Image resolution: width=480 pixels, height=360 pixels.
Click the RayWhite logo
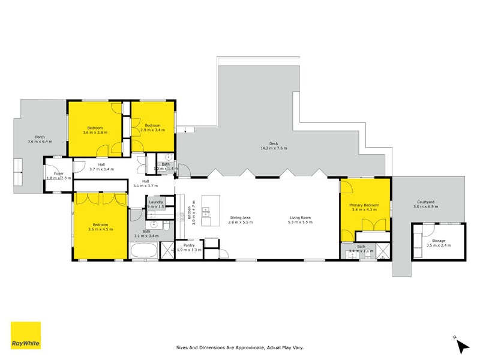click(26, 335)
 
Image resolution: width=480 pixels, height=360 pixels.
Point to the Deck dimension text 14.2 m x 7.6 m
click(274, 148)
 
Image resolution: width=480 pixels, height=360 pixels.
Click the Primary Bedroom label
click(364, 205)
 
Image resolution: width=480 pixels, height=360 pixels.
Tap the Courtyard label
click(426, 202)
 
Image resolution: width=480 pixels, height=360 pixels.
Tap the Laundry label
click(156, 202)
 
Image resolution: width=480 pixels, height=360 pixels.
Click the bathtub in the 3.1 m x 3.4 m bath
click(144, 251)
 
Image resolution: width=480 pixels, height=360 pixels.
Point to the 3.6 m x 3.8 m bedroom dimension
click(95, 132)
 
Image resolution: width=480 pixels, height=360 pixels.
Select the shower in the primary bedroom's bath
click(382, 251)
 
